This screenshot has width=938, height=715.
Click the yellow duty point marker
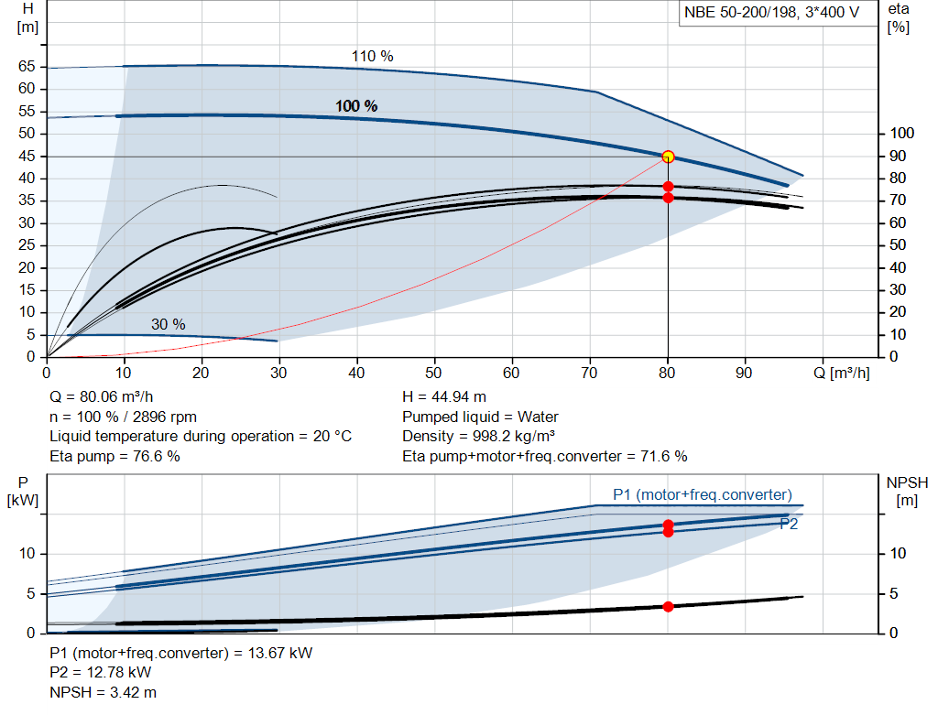pos(668,157)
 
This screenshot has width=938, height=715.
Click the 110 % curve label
pos(372,56)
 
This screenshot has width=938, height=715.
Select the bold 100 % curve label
pos(356,106)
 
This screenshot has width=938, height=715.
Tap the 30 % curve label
pos(169,324)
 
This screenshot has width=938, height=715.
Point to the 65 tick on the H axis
pos(27,66)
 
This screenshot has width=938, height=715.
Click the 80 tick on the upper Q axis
pos(667,373)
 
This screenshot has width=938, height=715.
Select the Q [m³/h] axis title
pos(842,373)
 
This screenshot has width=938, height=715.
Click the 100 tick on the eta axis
pos(902,134)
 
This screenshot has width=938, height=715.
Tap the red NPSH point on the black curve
pos(668,607)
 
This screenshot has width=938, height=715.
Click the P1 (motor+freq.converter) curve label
pos(703,495)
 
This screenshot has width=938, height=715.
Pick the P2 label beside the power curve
pos(789,525)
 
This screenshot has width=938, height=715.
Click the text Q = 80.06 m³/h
pos(102,397)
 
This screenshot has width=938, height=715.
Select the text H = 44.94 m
pos(444,397)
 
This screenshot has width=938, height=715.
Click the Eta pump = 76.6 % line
pos(115,456)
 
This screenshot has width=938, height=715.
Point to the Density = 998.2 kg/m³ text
pos(478,437)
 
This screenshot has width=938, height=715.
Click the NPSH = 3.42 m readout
pos(103,692)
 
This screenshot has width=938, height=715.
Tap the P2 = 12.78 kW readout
pos(101,673)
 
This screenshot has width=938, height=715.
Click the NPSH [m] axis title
pos(907,492)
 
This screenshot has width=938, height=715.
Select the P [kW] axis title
pos(23,492)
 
